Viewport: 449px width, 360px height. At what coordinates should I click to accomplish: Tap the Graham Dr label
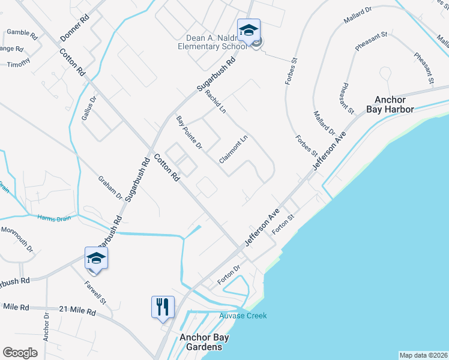[110, 188]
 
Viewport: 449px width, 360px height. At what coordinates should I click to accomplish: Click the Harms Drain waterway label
[54, 218]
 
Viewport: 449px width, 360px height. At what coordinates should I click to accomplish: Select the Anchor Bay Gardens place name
[201, 342]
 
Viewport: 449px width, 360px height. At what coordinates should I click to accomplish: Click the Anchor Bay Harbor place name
[394, 104]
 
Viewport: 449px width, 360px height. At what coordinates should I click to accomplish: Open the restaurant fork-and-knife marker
[163, 307]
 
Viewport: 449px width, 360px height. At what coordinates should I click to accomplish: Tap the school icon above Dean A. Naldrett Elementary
[249, 29]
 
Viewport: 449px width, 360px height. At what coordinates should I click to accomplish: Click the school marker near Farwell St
[96, 258]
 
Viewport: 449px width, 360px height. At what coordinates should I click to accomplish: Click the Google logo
[20, 353]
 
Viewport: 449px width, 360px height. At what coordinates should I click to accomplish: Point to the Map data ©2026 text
[423, 355]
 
